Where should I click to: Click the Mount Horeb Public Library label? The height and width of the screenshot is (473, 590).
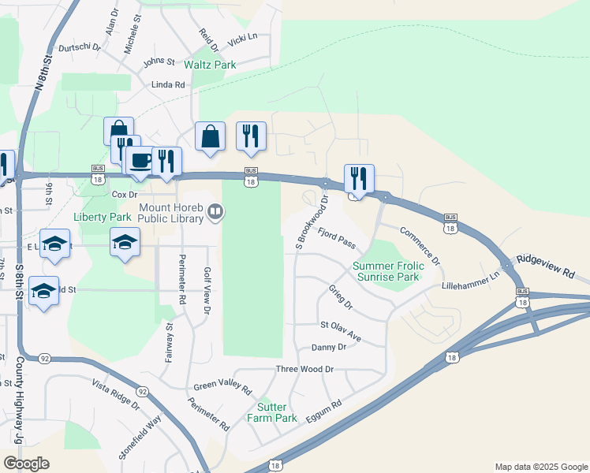tap(172, 213)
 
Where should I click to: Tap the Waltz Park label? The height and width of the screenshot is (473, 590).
tap(210, 64)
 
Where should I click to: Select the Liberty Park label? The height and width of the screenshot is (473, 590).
tap(102, 217)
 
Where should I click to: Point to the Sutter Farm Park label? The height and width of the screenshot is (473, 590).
tap(272, 412)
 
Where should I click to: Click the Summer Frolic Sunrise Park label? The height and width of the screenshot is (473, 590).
tap(387, 271)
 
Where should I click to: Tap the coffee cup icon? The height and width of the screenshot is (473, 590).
tap(141, 161)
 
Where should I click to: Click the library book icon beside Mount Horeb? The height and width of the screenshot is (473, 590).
tap(215, 212)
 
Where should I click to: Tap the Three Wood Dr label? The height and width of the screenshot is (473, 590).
tap(304, 369)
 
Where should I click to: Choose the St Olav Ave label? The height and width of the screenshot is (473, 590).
tap(340, 330)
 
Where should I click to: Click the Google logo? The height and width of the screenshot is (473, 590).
tap(26, 463)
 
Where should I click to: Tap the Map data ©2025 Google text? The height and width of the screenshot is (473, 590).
tap(540, 467)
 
